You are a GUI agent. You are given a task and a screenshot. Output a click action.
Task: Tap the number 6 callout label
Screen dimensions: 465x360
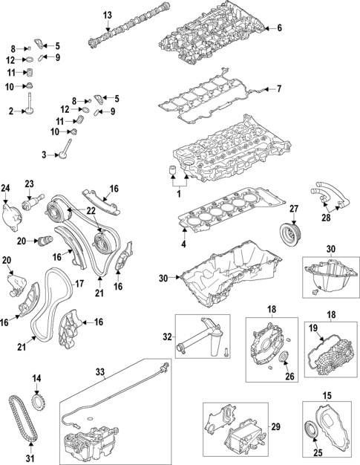pyautogui.click(x=280, y=29)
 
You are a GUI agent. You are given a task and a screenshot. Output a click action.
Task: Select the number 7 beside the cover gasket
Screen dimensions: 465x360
pyautogui.click(x=280, y=90)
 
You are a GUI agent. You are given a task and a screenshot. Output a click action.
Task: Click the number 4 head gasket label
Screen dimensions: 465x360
pyautogui.click(x=184, y=244)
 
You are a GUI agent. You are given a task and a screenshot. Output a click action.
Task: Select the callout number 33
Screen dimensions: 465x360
pyautogui.click(x=100, y=371)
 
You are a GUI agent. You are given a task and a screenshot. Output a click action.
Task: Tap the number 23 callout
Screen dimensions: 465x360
pyautogui.click(x=30, y=184)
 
